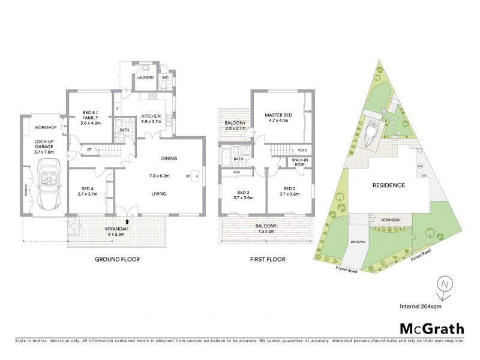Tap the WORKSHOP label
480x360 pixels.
[x=45, y=128]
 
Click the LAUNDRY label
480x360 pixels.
[x=146, y=78]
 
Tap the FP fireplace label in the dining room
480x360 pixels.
[x=188, y=176]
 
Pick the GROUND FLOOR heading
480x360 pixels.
[x=118, y=260]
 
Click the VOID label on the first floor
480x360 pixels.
[x=302, y=150]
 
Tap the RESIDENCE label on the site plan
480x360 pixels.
[x=388, y=185]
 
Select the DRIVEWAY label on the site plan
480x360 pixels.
[x=358, y=242]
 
